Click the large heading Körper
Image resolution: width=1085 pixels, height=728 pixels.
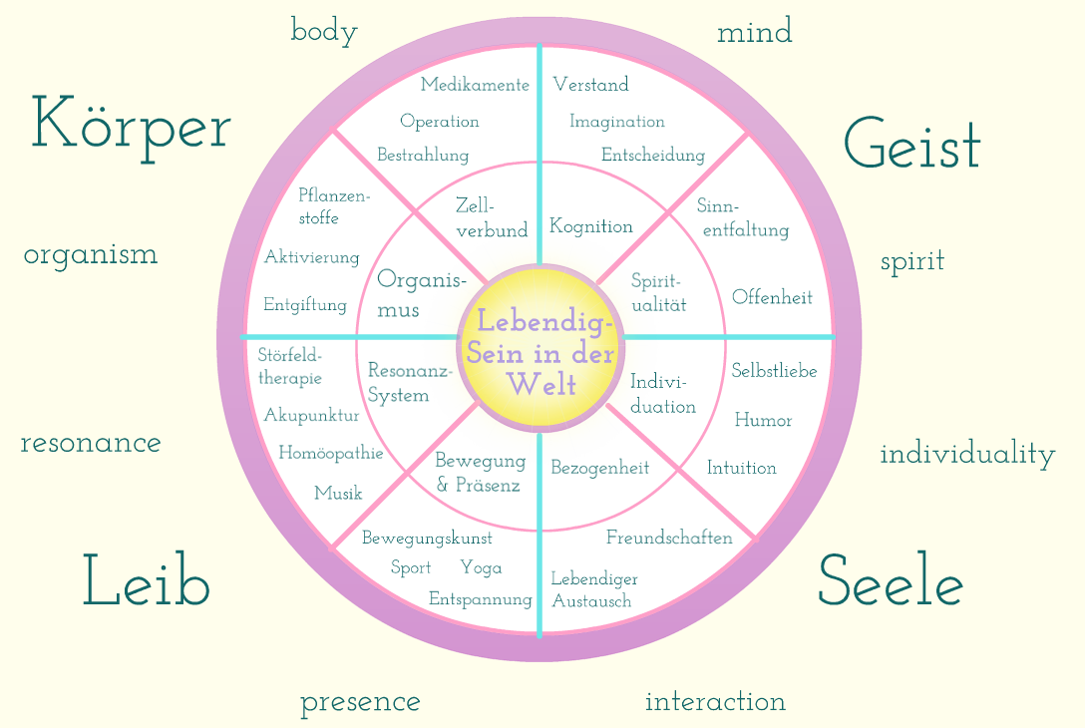(x=131, y=128)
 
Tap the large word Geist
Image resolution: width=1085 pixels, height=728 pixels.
(x=912, y=144)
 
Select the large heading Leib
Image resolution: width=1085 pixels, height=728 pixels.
(x=146, y=580)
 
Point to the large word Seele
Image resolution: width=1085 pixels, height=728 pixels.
(x=891, y=580)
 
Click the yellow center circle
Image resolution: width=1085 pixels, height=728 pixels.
(x=541, y=348)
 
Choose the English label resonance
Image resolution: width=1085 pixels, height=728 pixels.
(x=91, y=443)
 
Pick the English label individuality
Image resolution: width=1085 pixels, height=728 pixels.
(x=967, y=455)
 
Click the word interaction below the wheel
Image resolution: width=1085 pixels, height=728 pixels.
(x=715, y=702)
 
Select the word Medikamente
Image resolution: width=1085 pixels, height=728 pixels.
(x=475, y=85)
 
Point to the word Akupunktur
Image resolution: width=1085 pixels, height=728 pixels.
(x=311, y=415)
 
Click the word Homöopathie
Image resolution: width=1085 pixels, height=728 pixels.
(x=331, y=453)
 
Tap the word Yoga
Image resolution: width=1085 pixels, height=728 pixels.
(x=481, y=568)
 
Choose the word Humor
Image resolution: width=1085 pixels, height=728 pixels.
(x=763, y=420)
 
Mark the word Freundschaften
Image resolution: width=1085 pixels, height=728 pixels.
(x=669, y=537)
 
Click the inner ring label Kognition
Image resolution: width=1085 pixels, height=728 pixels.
(x=591, y=226)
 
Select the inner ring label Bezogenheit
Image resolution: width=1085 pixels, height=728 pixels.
(x=600, y=468)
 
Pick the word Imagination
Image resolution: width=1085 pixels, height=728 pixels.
(x=616, y=122)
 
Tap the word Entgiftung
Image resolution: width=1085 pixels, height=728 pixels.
(x=304, y=304)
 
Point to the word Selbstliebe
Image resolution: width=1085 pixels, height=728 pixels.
(x=774, y=370)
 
